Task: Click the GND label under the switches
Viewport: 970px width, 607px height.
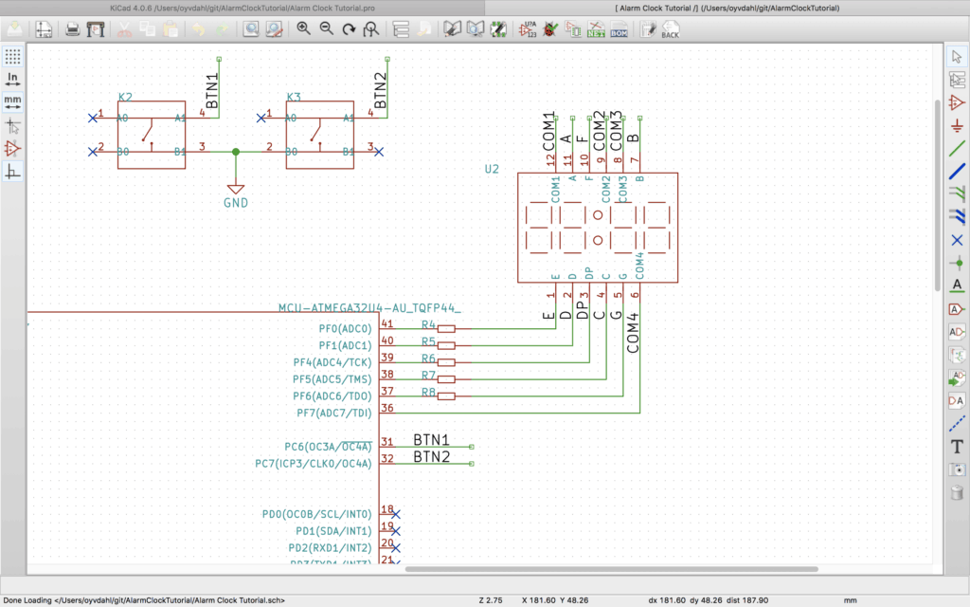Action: [x=236, y=203]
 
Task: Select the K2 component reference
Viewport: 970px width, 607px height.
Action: [x=125, y=97]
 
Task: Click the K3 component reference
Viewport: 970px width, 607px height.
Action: [x=294, y=97]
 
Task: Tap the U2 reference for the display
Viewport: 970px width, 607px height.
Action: [x=492, y=170]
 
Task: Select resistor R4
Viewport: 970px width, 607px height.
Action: [x=444, y=328]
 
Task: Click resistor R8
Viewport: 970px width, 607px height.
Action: [x=444, y=395]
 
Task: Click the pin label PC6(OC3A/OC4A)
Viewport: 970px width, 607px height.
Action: [x=328, y=446]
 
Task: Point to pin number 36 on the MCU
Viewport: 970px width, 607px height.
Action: [x=386, y=408]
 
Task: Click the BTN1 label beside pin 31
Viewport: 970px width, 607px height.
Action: [x=431, y=441]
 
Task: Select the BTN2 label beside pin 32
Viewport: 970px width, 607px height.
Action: [x=431, y=458]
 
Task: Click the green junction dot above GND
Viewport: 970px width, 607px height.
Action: [x=236, y=151]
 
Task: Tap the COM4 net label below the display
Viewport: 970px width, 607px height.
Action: [x=634, y=332]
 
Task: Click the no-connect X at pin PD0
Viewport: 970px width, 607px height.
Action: [x=396, y=514]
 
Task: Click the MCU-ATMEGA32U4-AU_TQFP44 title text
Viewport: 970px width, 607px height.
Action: [x=369, y=308]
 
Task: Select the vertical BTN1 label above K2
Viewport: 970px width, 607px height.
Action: [x=212, y=90]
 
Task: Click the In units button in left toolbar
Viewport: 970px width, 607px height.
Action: [x=12, y=78]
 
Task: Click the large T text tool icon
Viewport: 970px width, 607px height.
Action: [x=957, y=447]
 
